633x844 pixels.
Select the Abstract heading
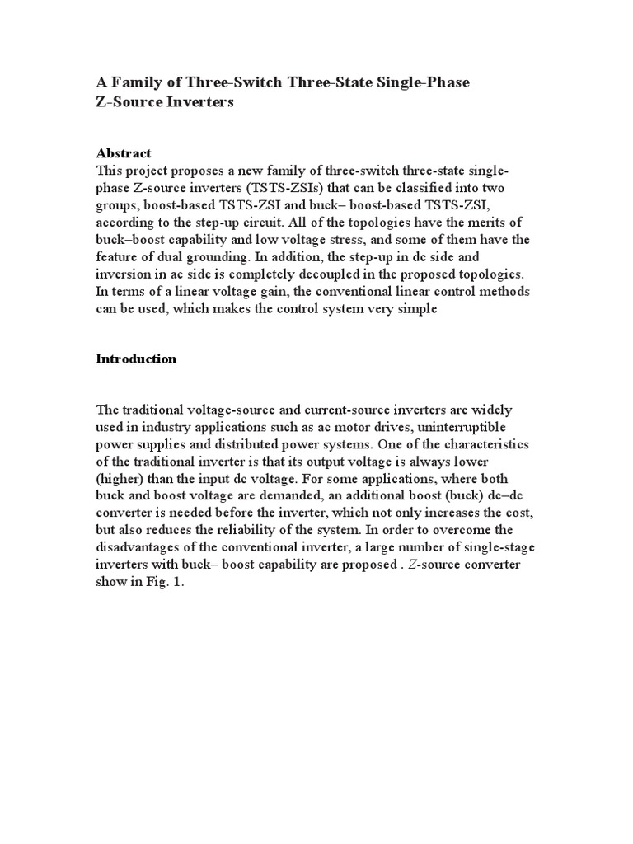124,153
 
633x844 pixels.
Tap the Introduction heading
136,359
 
